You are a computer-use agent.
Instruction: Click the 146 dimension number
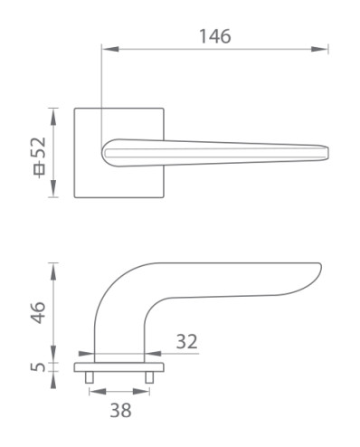pos(215,36)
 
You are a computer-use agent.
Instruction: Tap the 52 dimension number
pos(39,147)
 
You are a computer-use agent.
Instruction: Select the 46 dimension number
pos(38,312)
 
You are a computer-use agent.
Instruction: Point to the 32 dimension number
pos(186,341)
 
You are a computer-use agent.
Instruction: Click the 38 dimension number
pos(120,410)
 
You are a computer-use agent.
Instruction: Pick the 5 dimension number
pos(38,367)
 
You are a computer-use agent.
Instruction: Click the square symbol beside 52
pos(39,169)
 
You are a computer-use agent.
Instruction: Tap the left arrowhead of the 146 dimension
pos(110,49)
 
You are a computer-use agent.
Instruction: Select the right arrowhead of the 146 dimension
pos(319,49)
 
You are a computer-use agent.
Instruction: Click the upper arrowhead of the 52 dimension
pos(53,117)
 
